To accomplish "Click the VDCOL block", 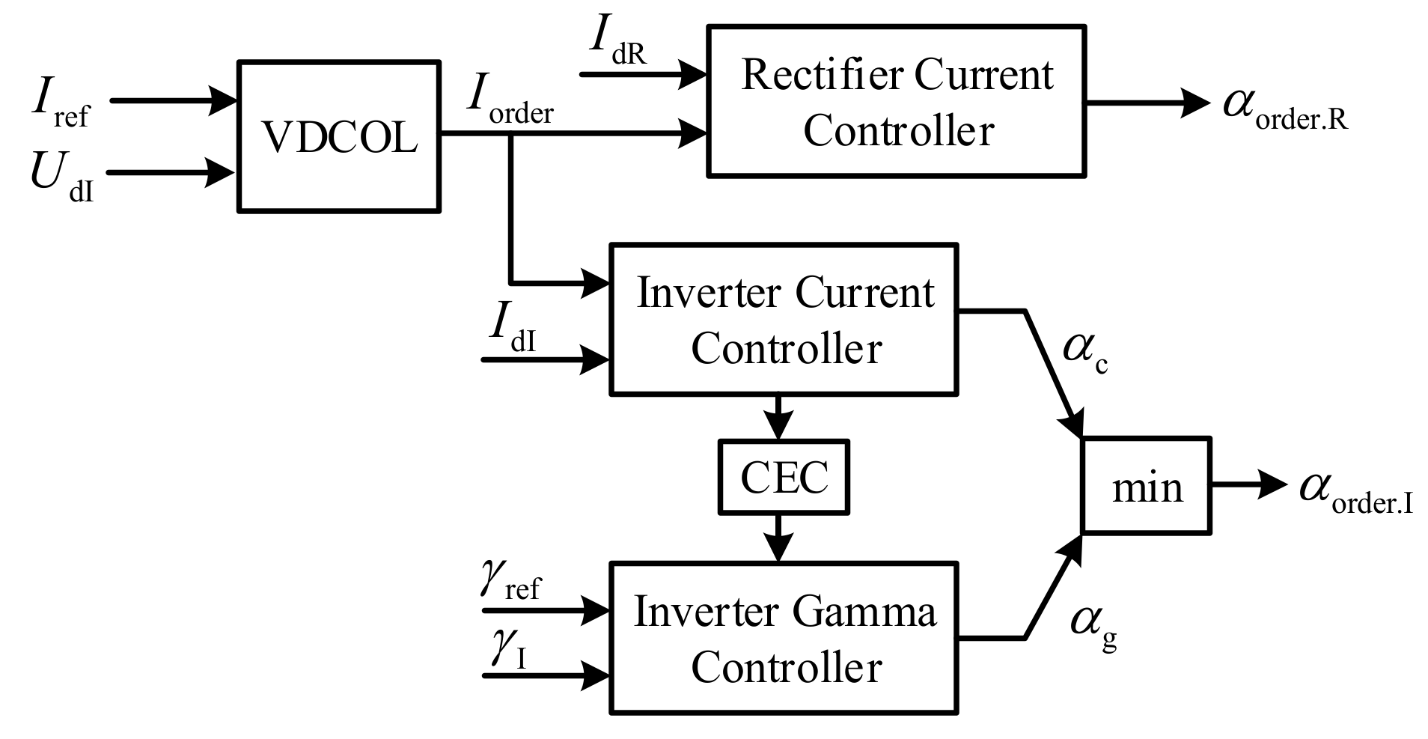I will pos(338,137).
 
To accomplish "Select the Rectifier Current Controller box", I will pos(896,102).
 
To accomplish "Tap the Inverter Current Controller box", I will pos(784,319).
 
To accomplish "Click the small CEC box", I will pos(784,478).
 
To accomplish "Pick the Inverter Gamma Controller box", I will pos(784,638).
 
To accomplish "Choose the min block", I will pos(1146,487).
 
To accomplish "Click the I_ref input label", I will pos(60,105).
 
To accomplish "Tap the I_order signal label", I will pos(509,102).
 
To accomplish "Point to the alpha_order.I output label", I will pos(1355,493).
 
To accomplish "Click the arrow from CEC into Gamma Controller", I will pos(779,538).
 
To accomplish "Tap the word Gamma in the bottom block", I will pos(863,613).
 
